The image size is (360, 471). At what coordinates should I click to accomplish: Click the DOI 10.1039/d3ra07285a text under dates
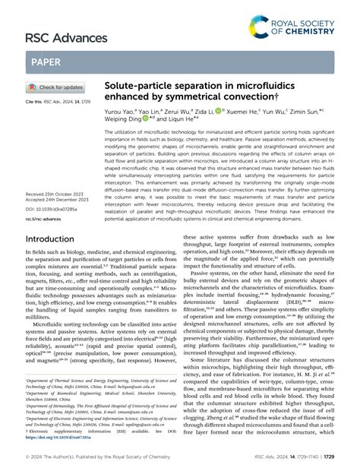tap(55, 210)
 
